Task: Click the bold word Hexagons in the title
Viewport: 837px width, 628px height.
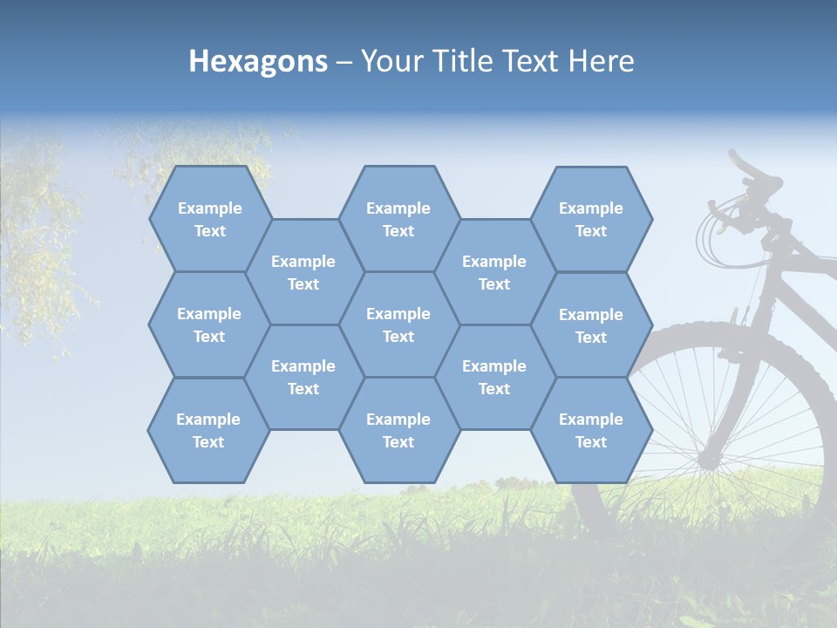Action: (x=258, y=61)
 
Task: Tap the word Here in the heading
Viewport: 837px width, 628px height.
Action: (x=601, y=61)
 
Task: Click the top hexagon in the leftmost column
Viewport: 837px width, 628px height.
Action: (x=209, y=219)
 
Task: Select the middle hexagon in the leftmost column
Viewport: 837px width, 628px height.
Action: (x=209, y=324)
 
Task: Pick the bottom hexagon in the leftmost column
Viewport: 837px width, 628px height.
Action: (x=208, y=430)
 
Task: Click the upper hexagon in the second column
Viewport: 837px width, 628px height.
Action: (x=303, y=272)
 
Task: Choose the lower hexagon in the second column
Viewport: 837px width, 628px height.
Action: (x=303, y=377)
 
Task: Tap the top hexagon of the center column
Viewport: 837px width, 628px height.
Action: (x=398, y=219)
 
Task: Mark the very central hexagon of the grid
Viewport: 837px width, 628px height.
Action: (x=398, y=324)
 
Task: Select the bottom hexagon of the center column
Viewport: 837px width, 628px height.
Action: (x=398, y=430)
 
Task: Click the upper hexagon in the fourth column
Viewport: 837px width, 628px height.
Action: (x=494, y=272)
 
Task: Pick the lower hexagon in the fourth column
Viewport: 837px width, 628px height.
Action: (x=494, y=377)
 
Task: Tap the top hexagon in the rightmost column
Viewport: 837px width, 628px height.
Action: (x=591, y=219)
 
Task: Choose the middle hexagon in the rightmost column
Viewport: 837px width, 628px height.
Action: (x=591, y=325)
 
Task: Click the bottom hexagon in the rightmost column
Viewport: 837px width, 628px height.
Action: (x=591, y=430)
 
